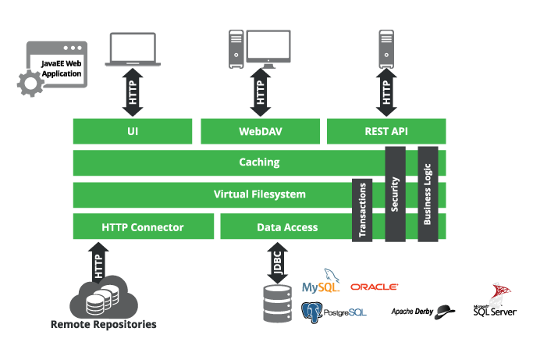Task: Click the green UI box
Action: (132, 131)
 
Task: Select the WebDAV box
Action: (260, 131)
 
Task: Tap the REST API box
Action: (386, 131)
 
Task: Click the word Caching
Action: (259, 163)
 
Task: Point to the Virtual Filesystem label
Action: (259, 194)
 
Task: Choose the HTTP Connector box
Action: (143, 227)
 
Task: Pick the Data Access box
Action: (286, 227)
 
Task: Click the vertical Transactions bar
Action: (362, 211)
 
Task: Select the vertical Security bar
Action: (395, 194)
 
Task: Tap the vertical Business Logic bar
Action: (428, 194)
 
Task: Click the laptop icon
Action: (133, 49)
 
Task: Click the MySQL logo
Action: (322, 285)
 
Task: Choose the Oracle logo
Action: (375, 287)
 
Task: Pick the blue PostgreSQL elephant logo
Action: (312, 312)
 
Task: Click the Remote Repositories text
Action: (103, 324)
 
